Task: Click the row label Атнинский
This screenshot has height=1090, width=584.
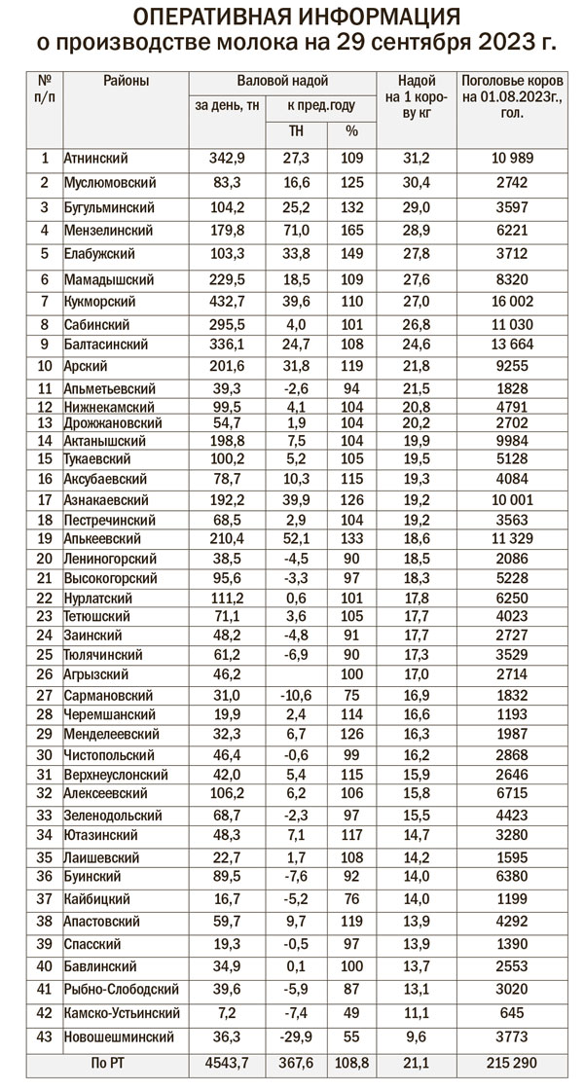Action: (95, 158)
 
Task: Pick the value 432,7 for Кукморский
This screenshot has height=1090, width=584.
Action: (227, 302)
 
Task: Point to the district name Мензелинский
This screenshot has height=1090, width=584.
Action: (108, 231)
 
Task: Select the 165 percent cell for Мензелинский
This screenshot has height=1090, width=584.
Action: (351, 231)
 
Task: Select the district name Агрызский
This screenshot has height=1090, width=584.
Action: (97, 673)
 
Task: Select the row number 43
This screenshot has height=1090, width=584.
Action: (45, 1037)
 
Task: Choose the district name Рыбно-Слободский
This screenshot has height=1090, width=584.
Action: (120, 990)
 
